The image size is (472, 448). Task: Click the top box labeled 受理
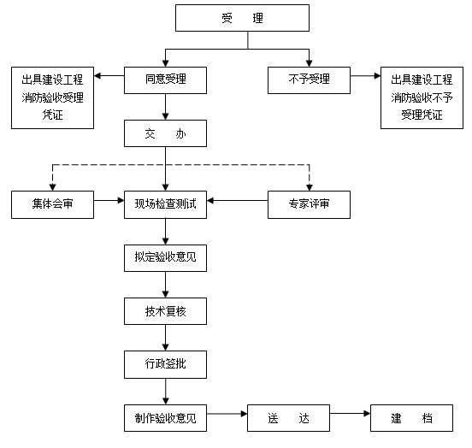[x=242, y=18]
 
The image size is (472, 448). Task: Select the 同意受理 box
[x=165, y=80]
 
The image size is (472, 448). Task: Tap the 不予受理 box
[x=309, y=80]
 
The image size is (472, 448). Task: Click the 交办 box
[x=165, y=133]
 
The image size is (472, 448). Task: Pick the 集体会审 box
[x=52, y=204]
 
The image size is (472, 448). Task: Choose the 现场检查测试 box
[x=165, y=204]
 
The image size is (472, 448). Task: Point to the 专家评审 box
[x=309, y=204]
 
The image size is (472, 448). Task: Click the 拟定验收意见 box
[x=165, y=258]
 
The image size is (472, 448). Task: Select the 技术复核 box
[x=165, y=311]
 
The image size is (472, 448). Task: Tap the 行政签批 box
[x=165, y=364]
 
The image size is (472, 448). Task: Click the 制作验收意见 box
[x=165, y=418]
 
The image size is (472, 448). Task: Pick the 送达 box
[x=288, y=418]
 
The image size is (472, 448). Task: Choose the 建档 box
[x=411, y=418]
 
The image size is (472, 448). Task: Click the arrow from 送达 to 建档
[x=350, y=414]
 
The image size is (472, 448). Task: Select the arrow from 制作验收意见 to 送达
[x=227, y=414]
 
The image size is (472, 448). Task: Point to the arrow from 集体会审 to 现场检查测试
[x=109, y=200]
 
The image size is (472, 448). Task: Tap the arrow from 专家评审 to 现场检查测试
[x=237, y=200]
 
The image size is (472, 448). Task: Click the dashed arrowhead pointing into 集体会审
[x=52, y=187]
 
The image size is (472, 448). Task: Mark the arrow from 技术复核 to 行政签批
[x=165, y=338]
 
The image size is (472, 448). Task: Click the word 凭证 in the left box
[x=52, y=115]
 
